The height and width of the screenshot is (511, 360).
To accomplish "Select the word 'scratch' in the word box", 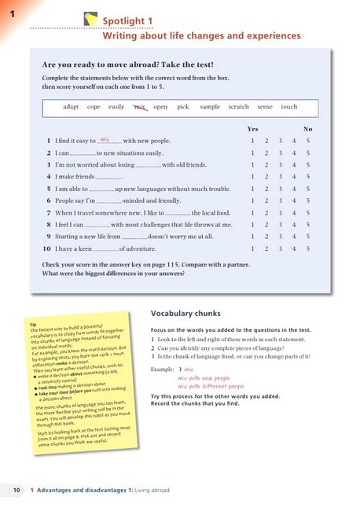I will tap(238, 107).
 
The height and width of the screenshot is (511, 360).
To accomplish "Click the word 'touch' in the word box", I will tap(288, 107).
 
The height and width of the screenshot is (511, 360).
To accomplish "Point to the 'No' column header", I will tap(308, 128).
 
